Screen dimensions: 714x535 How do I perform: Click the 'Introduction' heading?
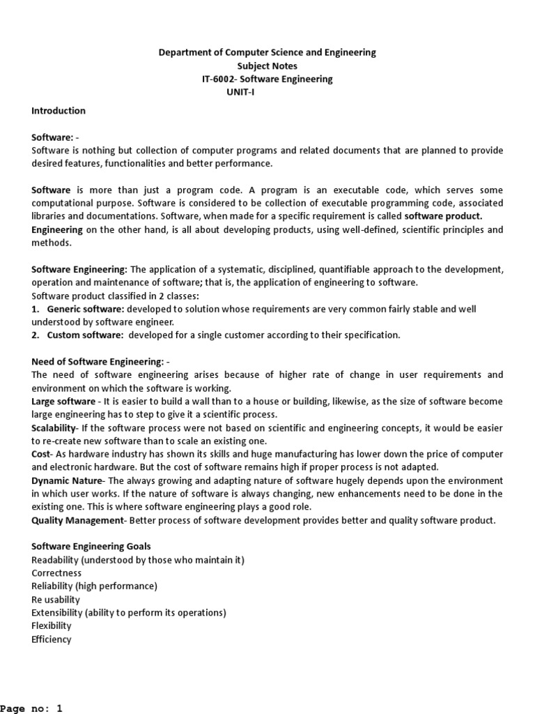click(x=59, y=111)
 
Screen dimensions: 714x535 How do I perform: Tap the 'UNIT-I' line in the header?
click(x=240, y=93)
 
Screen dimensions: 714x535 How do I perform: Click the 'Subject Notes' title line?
click(x=267, y=66)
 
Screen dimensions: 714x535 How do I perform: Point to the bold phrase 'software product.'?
click(x=443, y=216)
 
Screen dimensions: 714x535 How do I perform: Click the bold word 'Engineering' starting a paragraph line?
click(x=57, y=229)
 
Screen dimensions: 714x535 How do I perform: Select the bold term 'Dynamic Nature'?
click(x=67, y=481)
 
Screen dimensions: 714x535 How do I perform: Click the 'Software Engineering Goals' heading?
click(x=91, y=546)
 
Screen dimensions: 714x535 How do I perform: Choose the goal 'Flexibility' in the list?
click(x=52, y=626)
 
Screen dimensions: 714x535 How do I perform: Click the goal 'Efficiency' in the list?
click(x=52, y=639)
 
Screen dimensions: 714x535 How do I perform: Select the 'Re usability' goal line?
click(x=56, y=600)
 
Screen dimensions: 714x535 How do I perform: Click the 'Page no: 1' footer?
click(x=31, y=708)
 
